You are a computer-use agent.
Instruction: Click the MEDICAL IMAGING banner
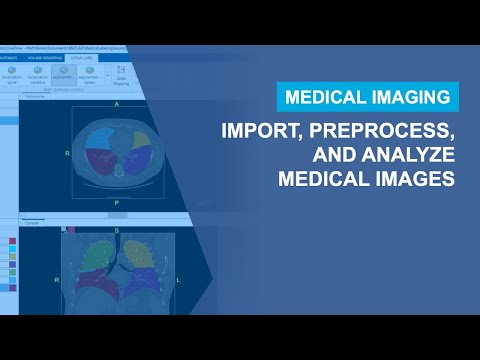(x=368, y=97)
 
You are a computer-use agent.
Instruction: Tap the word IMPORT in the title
(x=261, y=132)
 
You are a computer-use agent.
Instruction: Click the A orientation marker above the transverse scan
(x=117, y=104)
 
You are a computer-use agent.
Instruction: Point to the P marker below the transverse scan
(x=117, y=200)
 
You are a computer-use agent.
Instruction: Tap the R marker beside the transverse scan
(x=67, y=153)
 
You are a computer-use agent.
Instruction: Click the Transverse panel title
(x=36, y=96)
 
